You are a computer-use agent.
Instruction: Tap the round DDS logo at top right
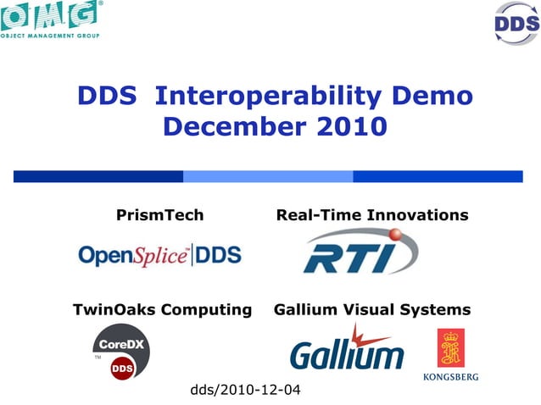(516, 23)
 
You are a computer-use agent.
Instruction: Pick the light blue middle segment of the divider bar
(268, 176)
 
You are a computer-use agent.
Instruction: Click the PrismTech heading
(159, 215)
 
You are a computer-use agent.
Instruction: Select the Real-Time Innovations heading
(372, 215)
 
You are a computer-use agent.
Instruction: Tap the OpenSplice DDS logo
(159, 254)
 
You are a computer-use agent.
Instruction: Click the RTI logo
(360, 252)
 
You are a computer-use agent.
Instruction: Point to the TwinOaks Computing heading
(163, 309)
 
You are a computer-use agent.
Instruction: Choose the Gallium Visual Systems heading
(372, 309)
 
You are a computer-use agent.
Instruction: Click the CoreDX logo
(123, 351)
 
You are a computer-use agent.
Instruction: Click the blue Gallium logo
(347, 349)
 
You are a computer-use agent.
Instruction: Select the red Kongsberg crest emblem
(450, 348)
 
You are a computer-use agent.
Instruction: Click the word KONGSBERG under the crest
(450, 376)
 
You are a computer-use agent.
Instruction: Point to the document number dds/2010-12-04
(245, 390)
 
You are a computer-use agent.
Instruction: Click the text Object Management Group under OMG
(50, 36)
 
